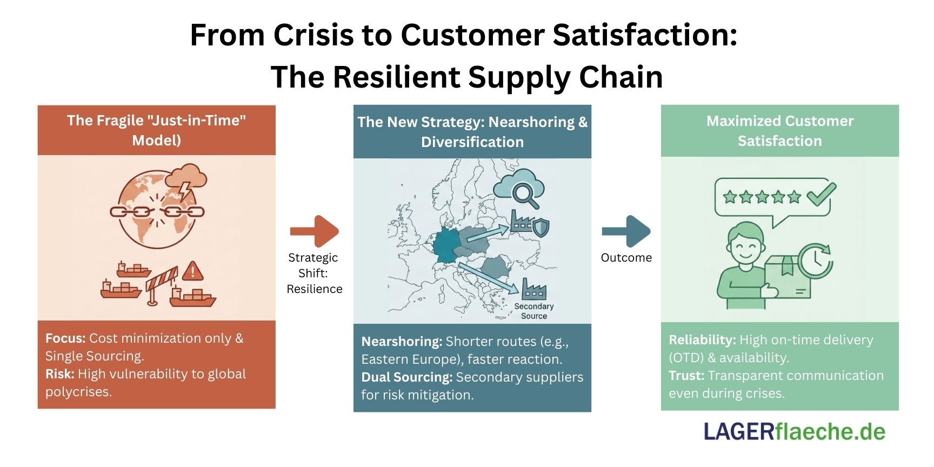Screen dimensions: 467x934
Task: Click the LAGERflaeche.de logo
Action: pos(794,432)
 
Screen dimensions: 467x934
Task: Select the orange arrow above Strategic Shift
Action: pos(315,231)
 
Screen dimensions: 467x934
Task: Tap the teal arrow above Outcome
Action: pos(626,231)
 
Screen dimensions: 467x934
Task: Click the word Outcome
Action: pos(626,258)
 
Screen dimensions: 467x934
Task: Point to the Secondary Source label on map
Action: pos(533,311)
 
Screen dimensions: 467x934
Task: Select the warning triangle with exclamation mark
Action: pos(192,271)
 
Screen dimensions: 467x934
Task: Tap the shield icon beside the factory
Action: pos(541,228)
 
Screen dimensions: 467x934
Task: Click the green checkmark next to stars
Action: pos(820,195)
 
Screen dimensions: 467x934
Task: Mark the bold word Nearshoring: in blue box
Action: pos(402,342)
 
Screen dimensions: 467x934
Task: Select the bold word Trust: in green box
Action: pos(686,376)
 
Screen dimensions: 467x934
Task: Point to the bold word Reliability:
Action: pos(702,340)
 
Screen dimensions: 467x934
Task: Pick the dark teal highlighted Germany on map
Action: pos(446,246)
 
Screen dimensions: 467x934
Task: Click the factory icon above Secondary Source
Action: pos(533,289)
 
